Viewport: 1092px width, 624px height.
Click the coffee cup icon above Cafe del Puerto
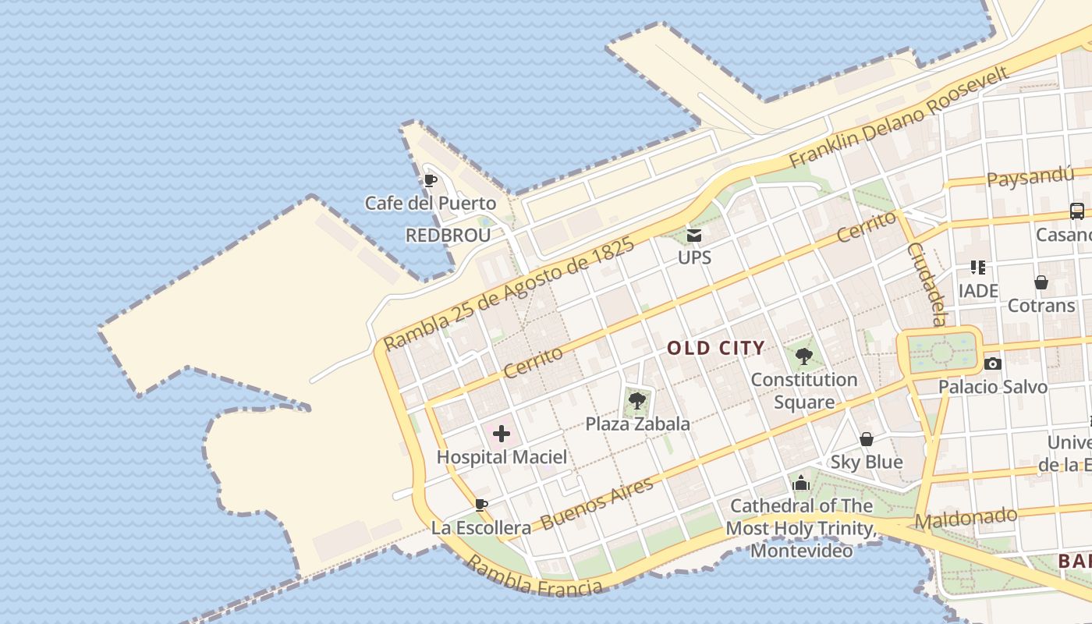tap(429, 181)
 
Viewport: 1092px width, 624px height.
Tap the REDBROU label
tap(448, 235)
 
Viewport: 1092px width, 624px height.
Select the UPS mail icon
tap(693, 235)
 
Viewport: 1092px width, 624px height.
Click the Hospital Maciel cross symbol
tap(501, 434)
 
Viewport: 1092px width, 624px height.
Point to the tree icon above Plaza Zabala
tap(637, 402)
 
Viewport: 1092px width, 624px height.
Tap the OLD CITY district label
tap(716, 348)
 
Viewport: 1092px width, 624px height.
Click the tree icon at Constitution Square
tap(803, 357)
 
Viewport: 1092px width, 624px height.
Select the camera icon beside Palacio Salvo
tap(992, 363)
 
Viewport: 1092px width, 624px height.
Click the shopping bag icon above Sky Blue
tap(866, 440)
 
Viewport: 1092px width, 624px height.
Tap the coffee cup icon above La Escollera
tap(481, 505)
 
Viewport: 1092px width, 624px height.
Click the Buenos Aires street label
tap(597, 503)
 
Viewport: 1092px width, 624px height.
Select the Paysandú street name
tap(1030, 176)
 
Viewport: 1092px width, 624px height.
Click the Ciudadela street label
tap(926, 284)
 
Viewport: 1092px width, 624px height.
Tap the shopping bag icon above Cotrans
tap(1041, 282)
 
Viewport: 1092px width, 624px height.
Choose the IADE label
tap(978, 291)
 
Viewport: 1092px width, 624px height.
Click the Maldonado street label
tap(966, 518)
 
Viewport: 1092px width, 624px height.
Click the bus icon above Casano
tap(1076, 211)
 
